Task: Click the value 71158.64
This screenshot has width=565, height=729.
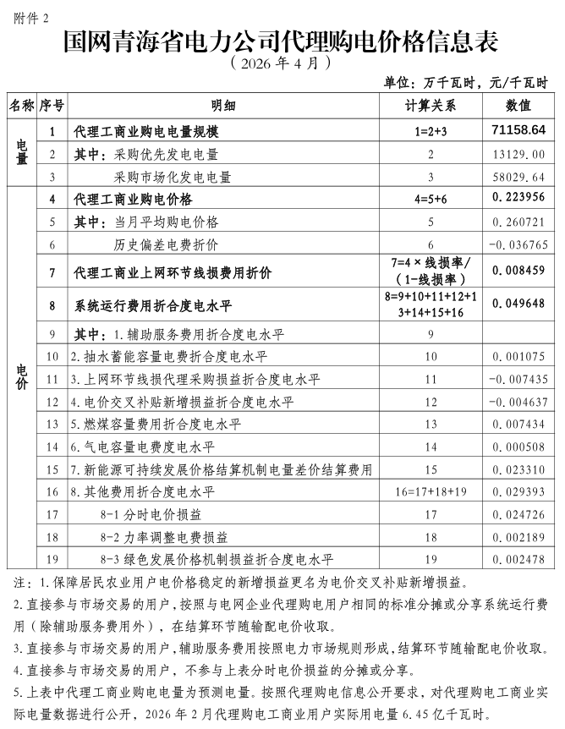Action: tap(518, 130)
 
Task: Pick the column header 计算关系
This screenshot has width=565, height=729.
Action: tap(430, 106)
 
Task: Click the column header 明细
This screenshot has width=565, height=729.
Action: tap(223, 106)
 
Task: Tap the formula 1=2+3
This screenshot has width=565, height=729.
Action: tap(430, 131)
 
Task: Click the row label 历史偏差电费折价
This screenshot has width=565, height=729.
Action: tap(166, 244)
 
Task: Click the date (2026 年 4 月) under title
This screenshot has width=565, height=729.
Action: tap(278, 63)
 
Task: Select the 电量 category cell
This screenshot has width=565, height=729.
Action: tap(23, 154)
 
